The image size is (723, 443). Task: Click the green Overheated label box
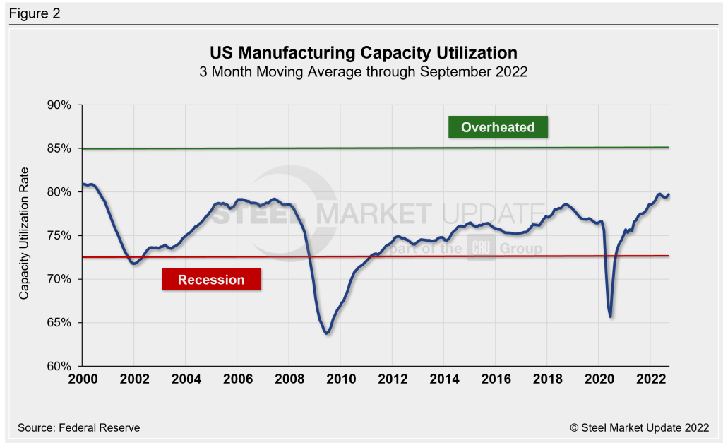(498, 127)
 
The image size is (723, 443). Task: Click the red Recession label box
(211, 279)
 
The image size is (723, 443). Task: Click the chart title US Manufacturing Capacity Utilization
(364, 53)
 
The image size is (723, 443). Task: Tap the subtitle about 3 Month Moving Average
(364, 72)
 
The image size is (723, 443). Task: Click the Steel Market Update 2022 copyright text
(638, 427)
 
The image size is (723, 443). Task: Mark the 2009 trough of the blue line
(327, 333)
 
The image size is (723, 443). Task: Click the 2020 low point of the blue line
(610, 317)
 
